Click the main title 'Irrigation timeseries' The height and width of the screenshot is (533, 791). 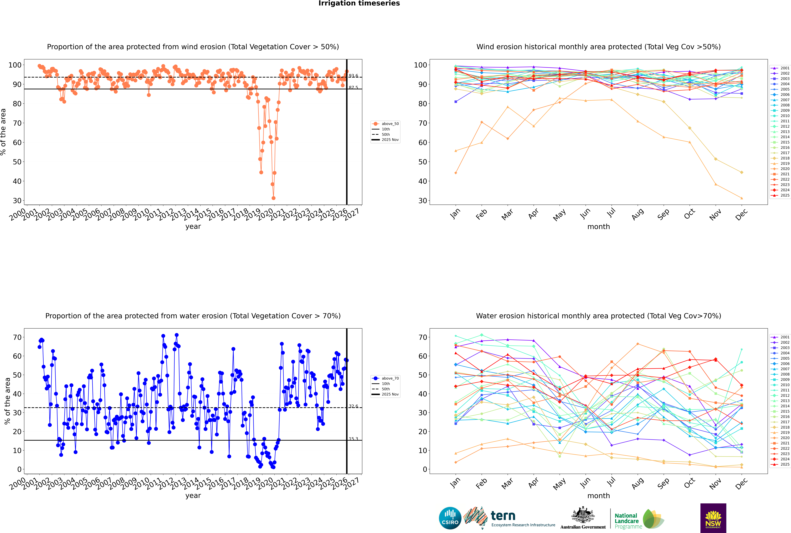click(x=359, y=3)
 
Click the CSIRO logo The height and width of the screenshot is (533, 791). click(x=450, y=518)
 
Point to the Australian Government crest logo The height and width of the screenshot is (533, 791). click(x=583, y=517)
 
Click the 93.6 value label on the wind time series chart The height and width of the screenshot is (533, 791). click(x=353, y=76)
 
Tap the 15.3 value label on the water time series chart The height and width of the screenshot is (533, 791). click(x=353, y=439)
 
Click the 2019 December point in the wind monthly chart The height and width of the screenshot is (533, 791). click(x=742, y=198)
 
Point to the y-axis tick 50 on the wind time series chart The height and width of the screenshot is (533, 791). click(x=17, y=162)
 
